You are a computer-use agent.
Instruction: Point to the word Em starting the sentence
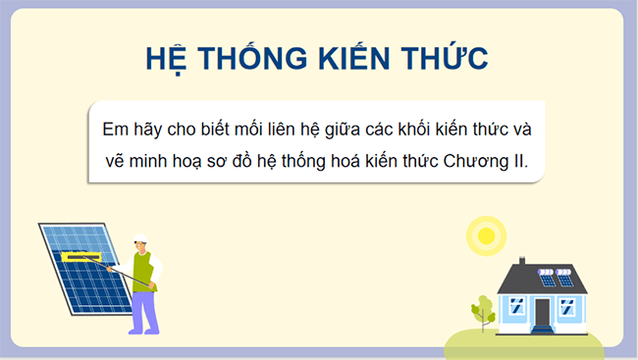(115, 129)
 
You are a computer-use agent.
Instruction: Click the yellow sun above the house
(483, 234)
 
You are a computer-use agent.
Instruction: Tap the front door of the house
(543, 313)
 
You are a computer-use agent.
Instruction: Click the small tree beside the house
(482, 310)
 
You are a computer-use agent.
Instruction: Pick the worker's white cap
(139, 237)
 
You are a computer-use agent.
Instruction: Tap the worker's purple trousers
(143, 309)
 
